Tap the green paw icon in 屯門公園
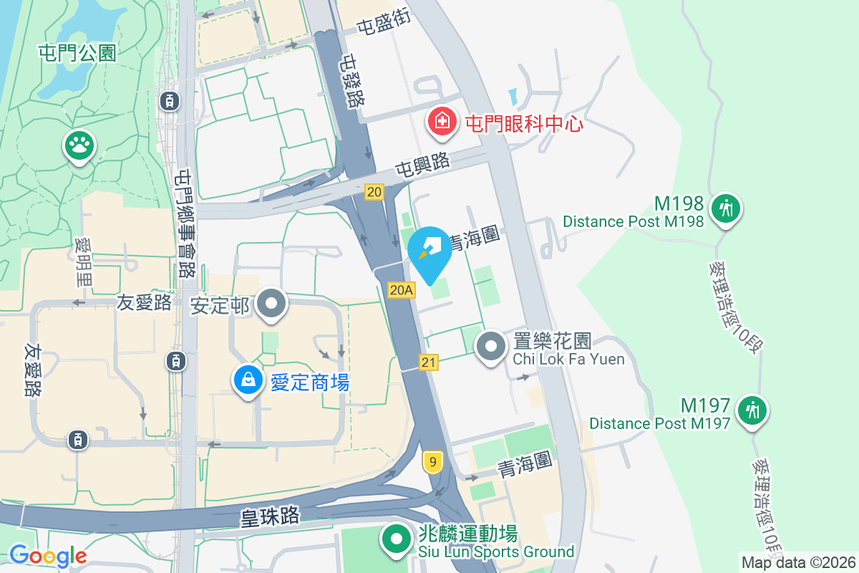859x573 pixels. (x=79, y=145)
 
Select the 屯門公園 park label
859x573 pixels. (x=79, y=53)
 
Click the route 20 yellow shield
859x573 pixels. (x=374, y=191)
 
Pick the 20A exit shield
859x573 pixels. (x=401, y=289)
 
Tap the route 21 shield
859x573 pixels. (x=428, y=363)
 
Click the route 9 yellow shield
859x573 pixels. (x=432, y=461)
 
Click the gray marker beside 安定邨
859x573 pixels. (x=271, y=304)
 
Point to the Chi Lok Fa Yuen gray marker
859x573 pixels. (x=491, y=347)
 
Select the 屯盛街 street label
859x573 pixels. (x=384, y=24)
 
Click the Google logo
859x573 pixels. (x=48, y=556)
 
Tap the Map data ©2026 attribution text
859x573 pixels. (x=798, y=562)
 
